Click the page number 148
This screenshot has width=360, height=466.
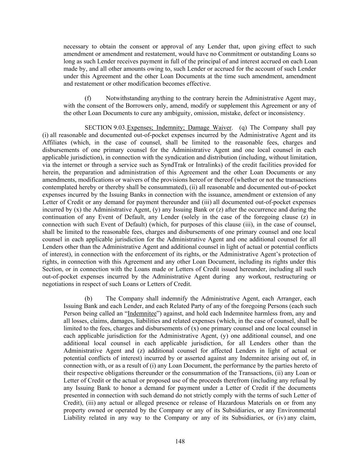pyautogui.click(x=180, y=441)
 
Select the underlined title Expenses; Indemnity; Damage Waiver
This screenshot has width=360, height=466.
pyautogui.click(x=179, y=128)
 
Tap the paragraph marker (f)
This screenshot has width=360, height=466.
pyautogui.click(x=88, y=98)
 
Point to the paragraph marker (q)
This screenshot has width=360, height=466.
pyautogui.click(x=243, y=128)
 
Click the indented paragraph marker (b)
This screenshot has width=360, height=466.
pyautogui.click(x=88, y=298)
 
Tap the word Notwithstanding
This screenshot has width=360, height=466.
pyautogui.click(x=127, y=98)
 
